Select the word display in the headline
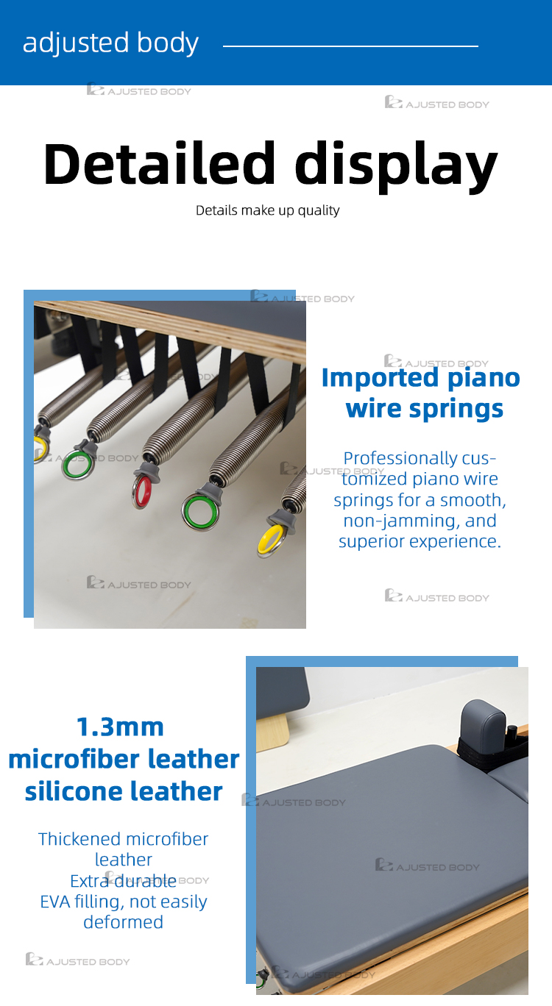[396, 167]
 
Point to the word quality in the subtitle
[319, 210]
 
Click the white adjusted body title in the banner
[110, 43]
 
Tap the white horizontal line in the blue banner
[350, 46]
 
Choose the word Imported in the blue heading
[380, 378]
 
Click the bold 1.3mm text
[120, 727]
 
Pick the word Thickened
[79, 839]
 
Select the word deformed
[123, 922]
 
